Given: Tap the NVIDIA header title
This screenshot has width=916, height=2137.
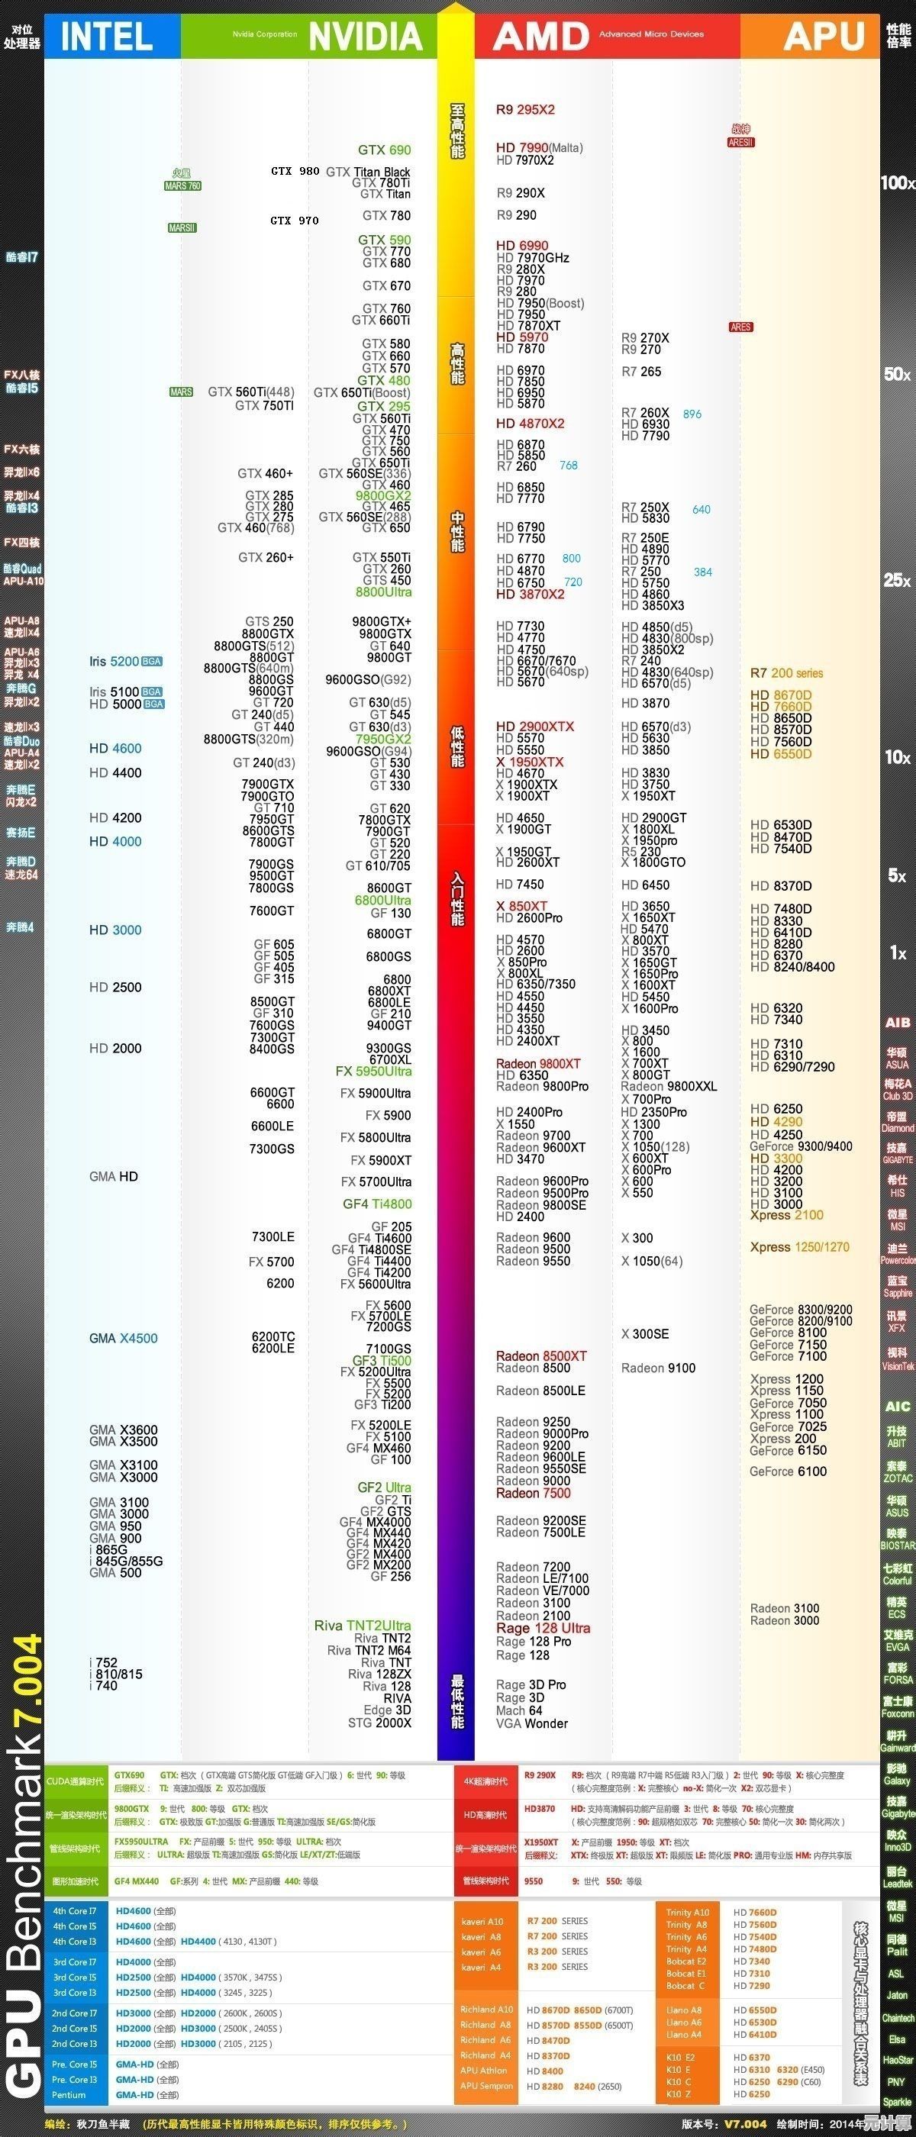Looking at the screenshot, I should tap(365, 37).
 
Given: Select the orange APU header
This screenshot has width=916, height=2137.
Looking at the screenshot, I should tap(824, 37).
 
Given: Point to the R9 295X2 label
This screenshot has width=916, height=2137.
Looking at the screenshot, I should tap(525, 109).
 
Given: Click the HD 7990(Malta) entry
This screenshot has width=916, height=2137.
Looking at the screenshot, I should tap(540, 147).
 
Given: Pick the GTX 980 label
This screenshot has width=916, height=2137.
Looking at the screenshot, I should tap(295, 171).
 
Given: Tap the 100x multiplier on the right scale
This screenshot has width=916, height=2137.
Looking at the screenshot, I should tap(897, 182).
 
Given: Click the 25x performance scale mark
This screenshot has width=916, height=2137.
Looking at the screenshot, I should tap(897, 580).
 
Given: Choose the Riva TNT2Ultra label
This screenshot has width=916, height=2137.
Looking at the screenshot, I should tap(363, 1625).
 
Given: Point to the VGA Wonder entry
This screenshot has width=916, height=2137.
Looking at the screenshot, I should tap(532, 1723).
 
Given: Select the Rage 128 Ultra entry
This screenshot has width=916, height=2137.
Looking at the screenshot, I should tap(543, 1628).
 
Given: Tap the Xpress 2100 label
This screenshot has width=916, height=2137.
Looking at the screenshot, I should tap(786, 1214).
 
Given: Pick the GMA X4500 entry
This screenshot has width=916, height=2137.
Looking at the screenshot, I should tap(123, 1338).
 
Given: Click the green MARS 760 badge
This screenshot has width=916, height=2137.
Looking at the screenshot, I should tap(182, 185).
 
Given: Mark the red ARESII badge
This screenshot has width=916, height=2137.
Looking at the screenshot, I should tap(741, 143).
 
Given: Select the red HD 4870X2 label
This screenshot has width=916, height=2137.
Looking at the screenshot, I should tap(531, 423).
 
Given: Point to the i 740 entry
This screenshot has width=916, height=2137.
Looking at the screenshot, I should tap(104, 1686).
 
